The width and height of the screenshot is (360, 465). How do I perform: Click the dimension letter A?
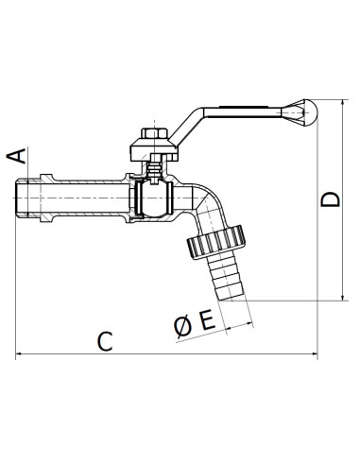[17, 156]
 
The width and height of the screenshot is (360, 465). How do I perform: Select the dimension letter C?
[105, 341]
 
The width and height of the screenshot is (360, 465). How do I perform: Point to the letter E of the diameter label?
[208, 319]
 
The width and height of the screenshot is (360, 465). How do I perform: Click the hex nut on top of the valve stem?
[154, 133]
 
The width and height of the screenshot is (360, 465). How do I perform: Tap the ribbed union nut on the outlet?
[216, 242]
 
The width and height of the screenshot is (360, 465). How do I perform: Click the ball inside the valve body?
[154, 198]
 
